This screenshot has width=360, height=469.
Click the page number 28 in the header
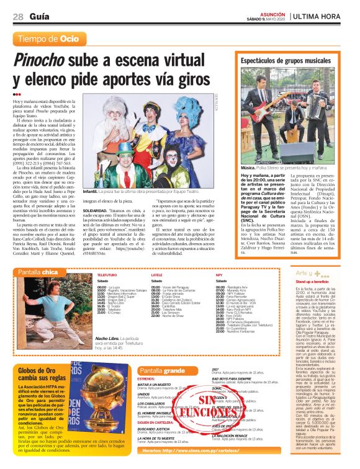tap(18, 17)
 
